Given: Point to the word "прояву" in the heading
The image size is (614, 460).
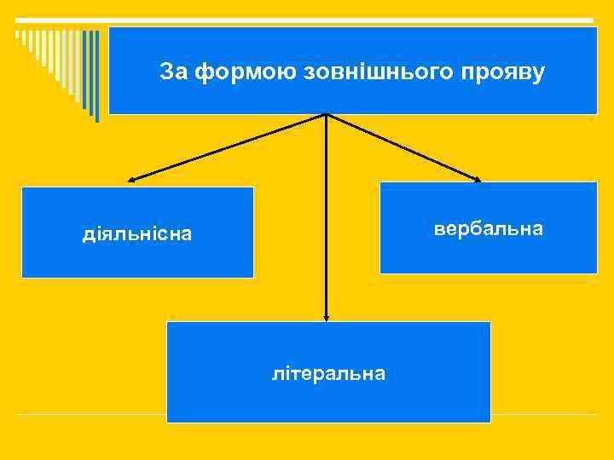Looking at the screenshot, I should point(507,73).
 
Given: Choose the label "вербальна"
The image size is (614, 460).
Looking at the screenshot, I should point(488,229).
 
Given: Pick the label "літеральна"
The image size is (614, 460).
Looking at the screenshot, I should point(328,373).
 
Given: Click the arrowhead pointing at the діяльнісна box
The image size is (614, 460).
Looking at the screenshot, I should point(131,180).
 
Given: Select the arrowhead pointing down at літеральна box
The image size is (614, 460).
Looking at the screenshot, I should point(326,317).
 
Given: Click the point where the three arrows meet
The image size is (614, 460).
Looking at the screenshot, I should point(326,115).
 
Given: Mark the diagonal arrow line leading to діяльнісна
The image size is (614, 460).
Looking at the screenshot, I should point(229,147).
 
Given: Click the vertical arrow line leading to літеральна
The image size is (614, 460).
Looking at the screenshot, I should point(326,217).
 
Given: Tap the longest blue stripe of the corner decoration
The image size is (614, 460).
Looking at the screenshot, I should point(96,77).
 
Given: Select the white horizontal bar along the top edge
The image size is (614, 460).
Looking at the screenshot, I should point(307,20).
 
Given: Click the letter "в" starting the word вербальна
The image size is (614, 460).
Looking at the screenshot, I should point(438,229).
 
